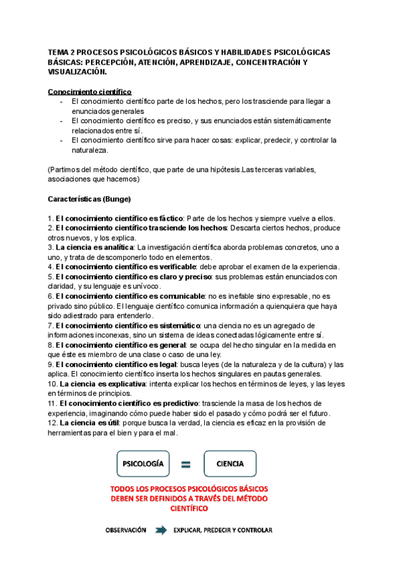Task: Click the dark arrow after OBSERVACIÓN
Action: [160, 530]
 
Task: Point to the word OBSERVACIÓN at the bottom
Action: [125, 530]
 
